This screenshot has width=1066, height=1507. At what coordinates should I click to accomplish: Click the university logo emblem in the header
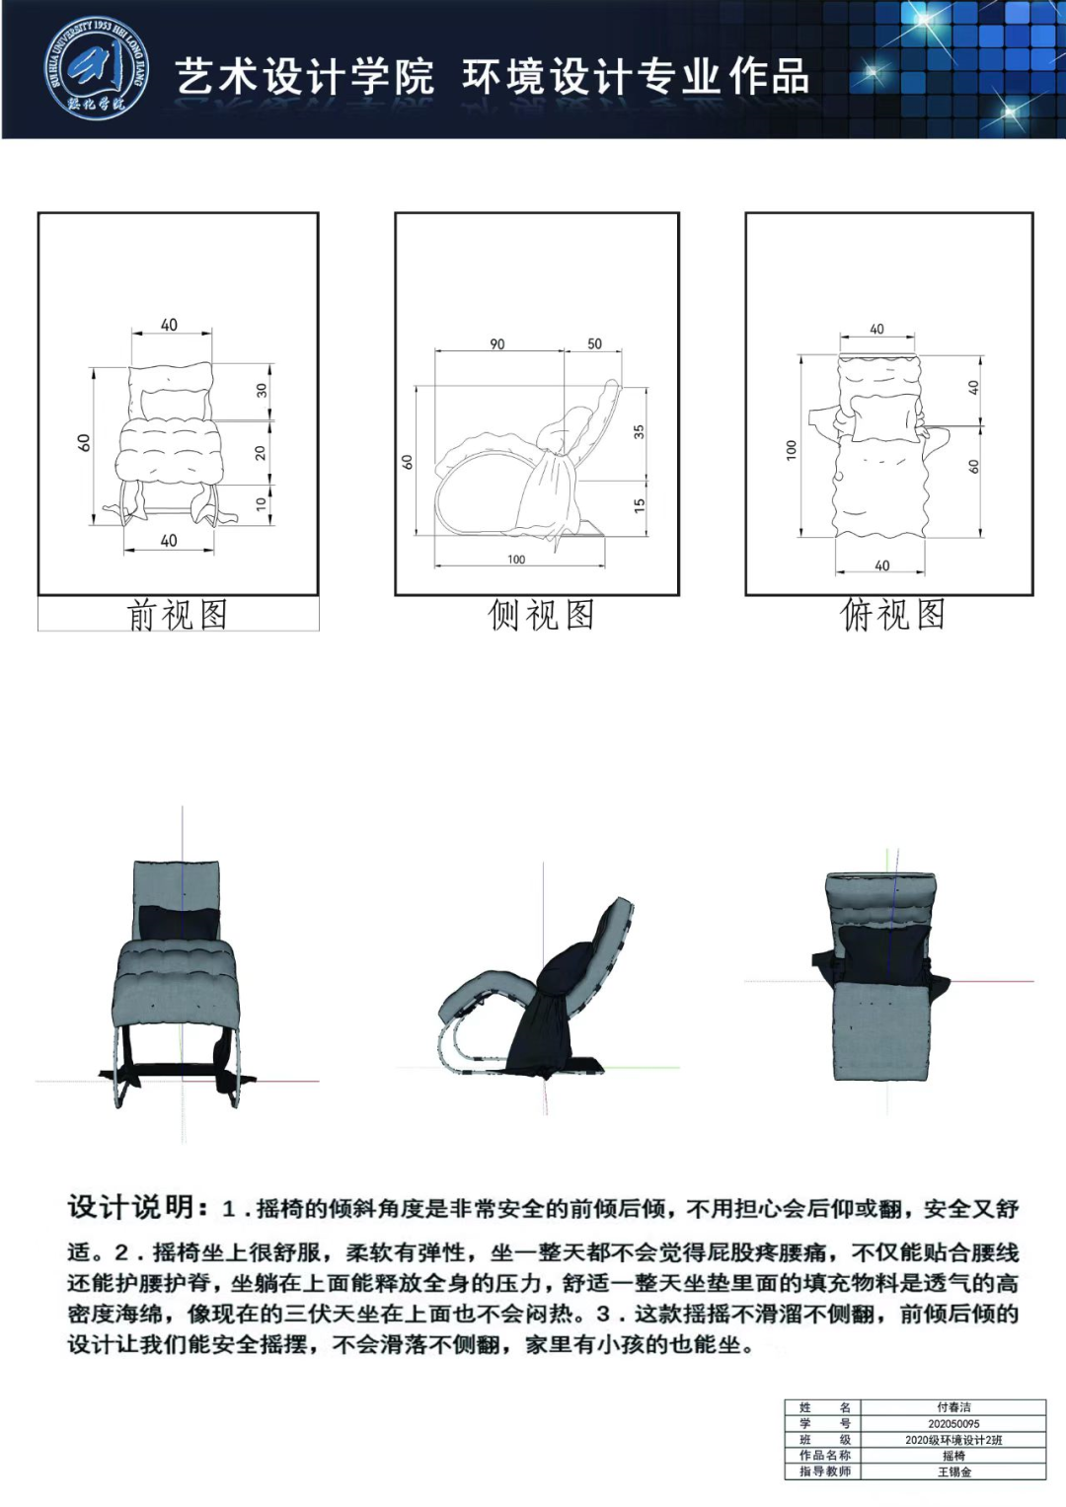97,69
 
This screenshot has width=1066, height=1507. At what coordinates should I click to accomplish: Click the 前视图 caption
178,615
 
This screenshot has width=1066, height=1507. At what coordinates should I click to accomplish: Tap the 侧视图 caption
541,615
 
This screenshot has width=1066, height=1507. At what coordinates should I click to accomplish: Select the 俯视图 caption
892,614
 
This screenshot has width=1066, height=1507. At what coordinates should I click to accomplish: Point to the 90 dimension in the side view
496,343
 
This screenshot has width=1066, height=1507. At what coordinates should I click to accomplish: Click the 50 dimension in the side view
594,343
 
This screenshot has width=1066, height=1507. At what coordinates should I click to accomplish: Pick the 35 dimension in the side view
639,431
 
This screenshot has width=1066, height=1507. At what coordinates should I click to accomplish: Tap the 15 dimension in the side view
639,504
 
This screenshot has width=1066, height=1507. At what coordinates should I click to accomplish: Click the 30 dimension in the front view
262,390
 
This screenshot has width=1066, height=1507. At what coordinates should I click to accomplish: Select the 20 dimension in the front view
261,452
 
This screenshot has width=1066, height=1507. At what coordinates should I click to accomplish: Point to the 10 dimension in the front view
262,502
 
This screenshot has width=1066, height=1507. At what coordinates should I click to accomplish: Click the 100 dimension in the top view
792,449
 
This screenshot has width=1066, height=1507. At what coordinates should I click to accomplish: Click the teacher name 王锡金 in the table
954,1471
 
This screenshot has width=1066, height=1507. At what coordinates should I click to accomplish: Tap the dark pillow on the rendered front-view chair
180,924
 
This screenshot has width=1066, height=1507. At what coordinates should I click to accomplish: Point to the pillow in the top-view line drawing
883,417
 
